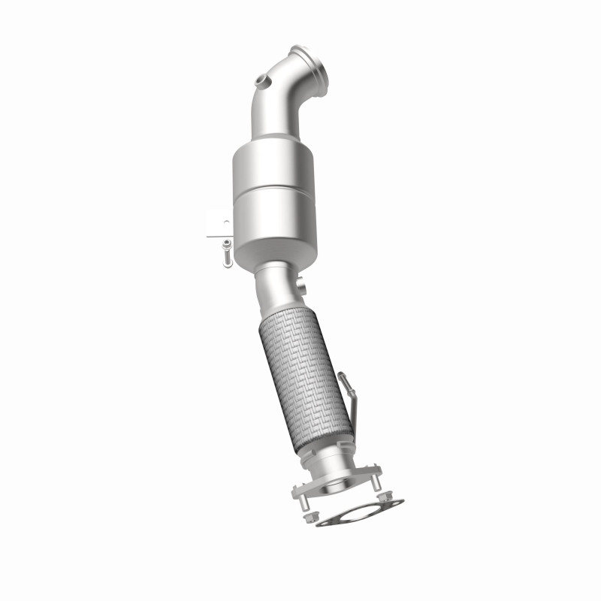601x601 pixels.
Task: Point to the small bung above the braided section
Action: click(302, 286)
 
